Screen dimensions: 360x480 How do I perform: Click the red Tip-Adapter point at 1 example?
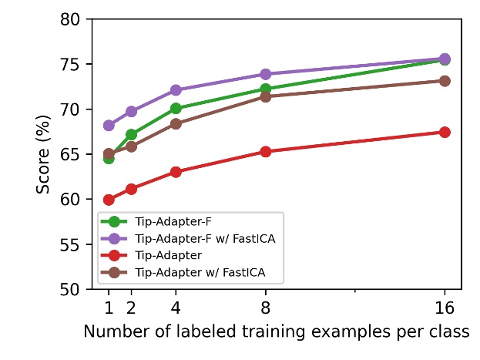pos(109,200)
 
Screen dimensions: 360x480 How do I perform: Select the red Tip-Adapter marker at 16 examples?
pos(445,132)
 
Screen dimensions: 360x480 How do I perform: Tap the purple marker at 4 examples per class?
pos(176,90)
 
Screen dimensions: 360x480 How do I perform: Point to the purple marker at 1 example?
pos(109,125)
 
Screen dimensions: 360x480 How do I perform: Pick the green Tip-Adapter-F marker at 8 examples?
pos(266,89)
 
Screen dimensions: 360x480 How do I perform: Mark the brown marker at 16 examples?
pos(445,81)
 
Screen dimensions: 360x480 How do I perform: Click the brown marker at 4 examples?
pos(176,123)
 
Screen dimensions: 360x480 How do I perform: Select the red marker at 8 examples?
pos(266,152)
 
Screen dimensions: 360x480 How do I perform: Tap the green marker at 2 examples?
pos(131,134)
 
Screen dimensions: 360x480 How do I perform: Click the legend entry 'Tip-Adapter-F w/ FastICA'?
pos(204,238)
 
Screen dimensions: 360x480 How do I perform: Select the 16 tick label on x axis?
pos(445,308)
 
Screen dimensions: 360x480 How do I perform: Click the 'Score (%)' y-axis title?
pos(45,154)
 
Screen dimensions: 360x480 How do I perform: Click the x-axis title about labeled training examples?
pos(276,333)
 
